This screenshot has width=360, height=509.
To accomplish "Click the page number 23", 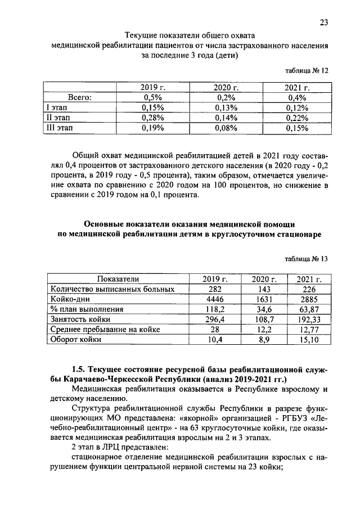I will (323, 22).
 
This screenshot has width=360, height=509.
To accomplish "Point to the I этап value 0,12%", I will (298, 107).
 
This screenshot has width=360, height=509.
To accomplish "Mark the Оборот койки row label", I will (76, 340).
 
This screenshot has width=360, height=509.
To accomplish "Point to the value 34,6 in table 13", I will (263, 309).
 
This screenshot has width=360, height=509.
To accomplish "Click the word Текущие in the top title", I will (142, 35).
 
